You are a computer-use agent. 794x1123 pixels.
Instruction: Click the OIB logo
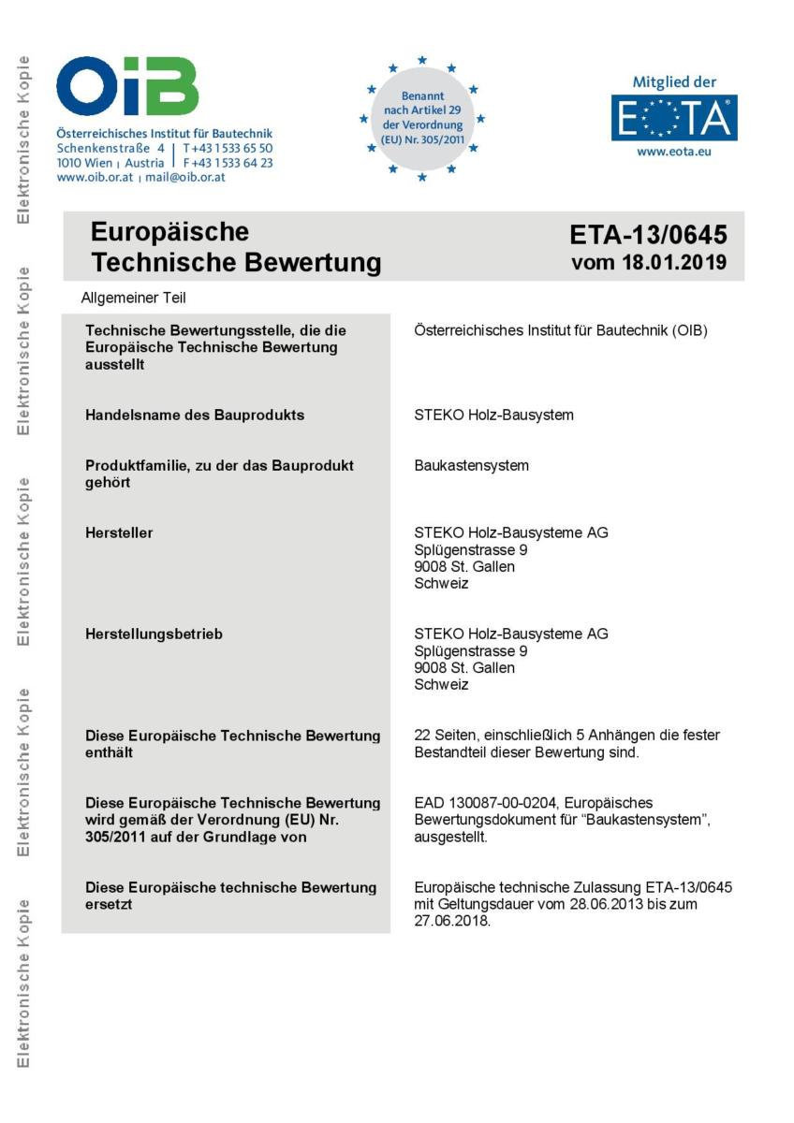coord(127,86)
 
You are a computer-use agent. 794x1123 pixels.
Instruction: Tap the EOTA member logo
coord(673,117)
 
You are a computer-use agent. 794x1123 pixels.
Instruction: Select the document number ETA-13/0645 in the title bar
coord(648,234)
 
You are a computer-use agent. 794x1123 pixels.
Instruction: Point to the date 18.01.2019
coord(674,263)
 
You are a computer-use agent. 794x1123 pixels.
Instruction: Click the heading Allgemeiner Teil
coord(133,299)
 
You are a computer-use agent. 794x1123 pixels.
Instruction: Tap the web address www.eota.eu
coord(673,152)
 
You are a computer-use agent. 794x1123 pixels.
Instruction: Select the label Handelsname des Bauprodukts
coord(195,415)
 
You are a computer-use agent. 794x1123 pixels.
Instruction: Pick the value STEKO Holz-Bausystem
coord(493,415)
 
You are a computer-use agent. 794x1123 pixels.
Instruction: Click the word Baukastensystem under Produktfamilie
coord(471,465)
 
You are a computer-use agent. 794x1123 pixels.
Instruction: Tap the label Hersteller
coord(119,533)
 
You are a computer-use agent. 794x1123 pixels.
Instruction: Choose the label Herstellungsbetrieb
coord(154,634)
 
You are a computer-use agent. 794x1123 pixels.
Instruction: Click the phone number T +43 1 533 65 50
coord(228,149)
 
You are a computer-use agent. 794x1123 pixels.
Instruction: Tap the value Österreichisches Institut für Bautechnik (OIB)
coord(560,330)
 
